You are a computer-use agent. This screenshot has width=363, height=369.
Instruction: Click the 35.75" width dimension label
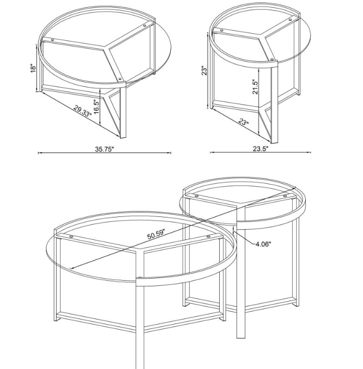coord(105,149)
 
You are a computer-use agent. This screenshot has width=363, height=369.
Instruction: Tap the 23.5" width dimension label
coord(261,149)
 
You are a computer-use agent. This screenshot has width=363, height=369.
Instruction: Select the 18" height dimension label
coord(33,68)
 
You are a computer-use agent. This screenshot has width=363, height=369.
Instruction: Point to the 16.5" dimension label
coord(97,107)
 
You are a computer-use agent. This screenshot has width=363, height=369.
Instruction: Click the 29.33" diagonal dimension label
coord(82,111)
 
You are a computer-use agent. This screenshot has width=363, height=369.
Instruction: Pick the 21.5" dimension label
coord(255,86)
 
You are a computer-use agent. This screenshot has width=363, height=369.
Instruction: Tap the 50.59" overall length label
coord(157,234)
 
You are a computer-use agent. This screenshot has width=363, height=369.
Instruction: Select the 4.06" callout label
coord(263,244)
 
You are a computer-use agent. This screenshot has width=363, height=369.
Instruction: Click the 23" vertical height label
coord(204,71)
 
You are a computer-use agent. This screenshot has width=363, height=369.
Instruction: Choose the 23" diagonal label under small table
coord(244,121)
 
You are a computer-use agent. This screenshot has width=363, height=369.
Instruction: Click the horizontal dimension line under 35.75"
coord(105,153)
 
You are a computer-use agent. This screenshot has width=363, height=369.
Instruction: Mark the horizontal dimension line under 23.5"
coord(261,153)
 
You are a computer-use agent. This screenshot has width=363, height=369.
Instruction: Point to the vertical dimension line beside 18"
coord(37,68)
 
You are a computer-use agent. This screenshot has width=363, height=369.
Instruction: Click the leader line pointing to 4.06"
coord(244,237)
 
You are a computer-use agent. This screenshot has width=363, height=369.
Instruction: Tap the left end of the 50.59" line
coord(70,268)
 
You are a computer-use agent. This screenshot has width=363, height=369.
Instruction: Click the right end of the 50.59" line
coord(295,187)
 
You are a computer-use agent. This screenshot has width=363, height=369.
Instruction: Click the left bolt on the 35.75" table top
coord(52,40)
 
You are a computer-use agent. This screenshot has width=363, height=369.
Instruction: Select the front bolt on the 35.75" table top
coord(120,79)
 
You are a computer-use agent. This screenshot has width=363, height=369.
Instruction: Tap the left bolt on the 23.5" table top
coord(221,30)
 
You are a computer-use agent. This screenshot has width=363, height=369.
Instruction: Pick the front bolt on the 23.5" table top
coord(272,59)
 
